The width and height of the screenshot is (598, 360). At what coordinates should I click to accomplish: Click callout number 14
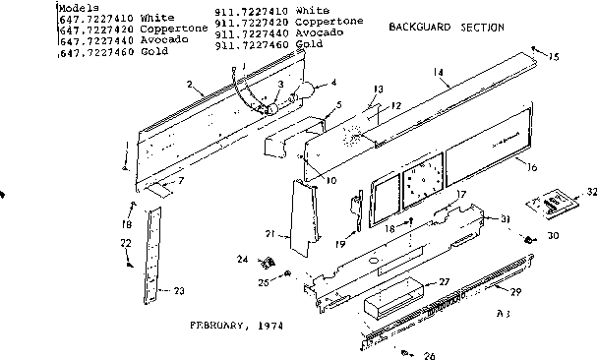[438, 73]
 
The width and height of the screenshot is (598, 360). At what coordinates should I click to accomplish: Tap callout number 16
[531, 169]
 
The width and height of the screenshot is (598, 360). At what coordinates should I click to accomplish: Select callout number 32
[591, 191]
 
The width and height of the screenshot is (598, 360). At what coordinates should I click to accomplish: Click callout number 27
[444, 281]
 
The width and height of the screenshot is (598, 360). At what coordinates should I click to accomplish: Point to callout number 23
[178, 290]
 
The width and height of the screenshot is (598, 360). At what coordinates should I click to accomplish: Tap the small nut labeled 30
[529, 240]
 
